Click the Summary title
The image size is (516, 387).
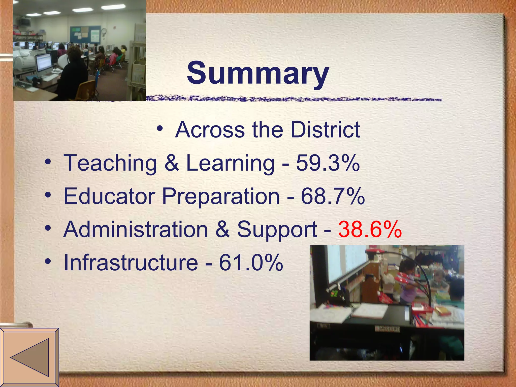(258, 73)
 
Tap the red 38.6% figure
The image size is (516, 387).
(370, 229)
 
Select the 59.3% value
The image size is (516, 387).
(328, 163)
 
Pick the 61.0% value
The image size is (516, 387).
(251, 263)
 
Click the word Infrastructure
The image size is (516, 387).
(131, 263)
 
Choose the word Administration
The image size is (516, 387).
(136, 229)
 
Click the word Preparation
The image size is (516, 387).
(221, 197)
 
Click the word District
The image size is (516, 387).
(325, 130)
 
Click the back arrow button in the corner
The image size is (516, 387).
(29, 358)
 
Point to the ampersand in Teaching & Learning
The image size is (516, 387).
(172, 163)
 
